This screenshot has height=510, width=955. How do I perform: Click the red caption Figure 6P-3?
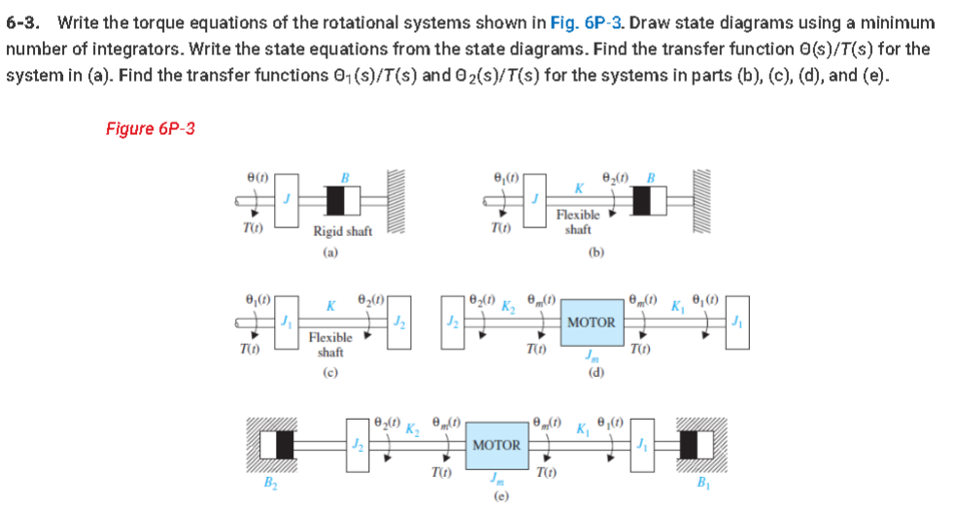click(x=151, y=129)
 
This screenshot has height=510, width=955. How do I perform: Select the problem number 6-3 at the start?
click(x=24, y=21)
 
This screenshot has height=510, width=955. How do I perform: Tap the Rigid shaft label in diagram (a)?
click(x=342, y=230)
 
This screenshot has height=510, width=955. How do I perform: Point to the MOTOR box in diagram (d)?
click(x=592, y=322)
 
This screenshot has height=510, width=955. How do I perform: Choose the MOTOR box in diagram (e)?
click(x=495, y=445)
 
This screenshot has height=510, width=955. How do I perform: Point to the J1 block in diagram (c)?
click(x=285, y=322)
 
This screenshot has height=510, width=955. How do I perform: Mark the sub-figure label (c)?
click(x=330, y=370)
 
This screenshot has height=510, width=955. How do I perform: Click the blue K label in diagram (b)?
click(x=579, y=186)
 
